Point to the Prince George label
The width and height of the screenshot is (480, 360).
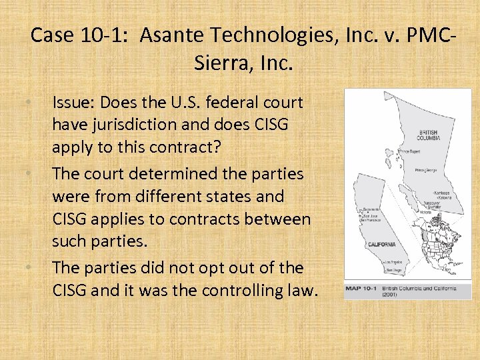coord(419,169)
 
